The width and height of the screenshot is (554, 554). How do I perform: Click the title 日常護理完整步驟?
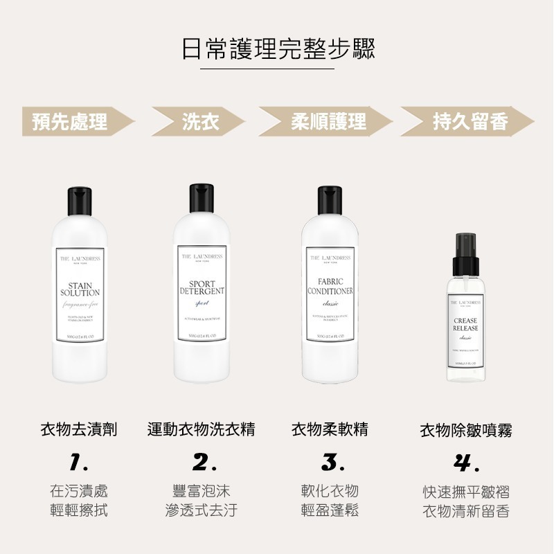click(277, 49)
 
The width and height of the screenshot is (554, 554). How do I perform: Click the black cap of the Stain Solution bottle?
click(80, 202)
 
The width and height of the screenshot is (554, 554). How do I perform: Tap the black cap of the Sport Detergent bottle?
click(201, 202)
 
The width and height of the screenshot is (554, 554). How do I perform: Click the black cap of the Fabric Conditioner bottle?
click(331, 202)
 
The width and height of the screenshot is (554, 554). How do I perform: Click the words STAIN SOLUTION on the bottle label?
click(80, 289)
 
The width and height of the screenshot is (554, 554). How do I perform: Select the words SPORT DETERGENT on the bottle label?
click(201, 288)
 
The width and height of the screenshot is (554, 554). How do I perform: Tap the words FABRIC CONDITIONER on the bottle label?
click(331, 287)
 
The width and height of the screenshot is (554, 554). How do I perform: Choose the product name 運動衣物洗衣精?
click(201, 429)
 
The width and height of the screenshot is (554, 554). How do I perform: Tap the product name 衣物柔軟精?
click(330, 429)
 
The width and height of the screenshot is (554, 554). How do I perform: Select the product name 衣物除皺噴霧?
click(466, 431)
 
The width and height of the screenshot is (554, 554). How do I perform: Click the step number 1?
click(78, 461)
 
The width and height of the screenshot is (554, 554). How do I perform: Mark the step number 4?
click(465, 462)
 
